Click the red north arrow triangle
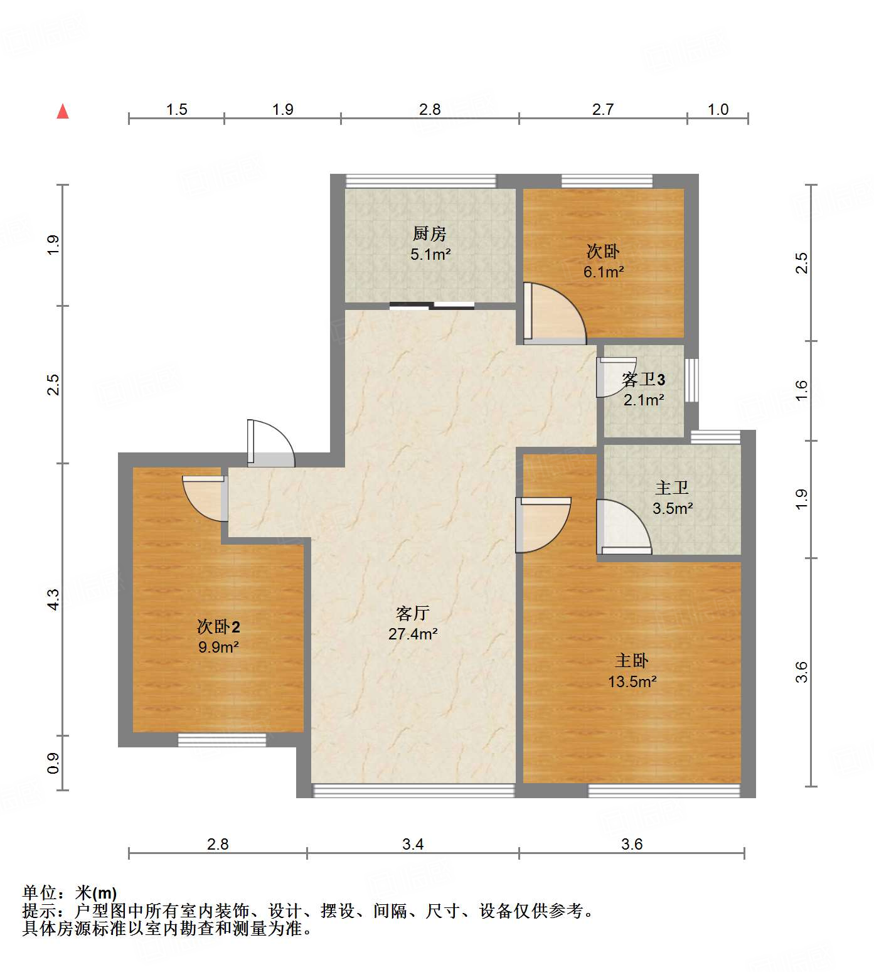click(x=63, y=112)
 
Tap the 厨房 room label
click(x=430, y=234)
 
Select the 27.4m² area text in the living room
click(x=413, y=634)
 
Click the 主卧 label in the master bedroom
click(x=632, y=660)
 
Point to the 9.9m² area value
click(x=218, y=647)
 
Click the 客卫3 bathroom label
click(x=643, y=379)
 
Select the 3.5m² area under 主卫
click(x=673, y=508)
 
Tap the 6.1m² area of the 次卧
click(x=604, y=272)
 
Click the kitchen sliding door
click(x=432, y=306)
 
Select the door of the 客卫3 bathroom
click(x=615, y=377)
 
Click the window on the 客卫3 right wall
click(x=691, y=380)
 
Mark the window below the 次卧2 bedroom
click(x=222, y=740)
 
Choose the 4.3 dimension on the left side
click(x=54, y=599)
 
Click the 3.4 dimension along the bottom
click(x=413, y=844)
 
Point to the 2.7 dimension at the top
click(x=603, y=110)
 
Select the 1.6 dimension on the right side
click(x=801, y=391)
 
